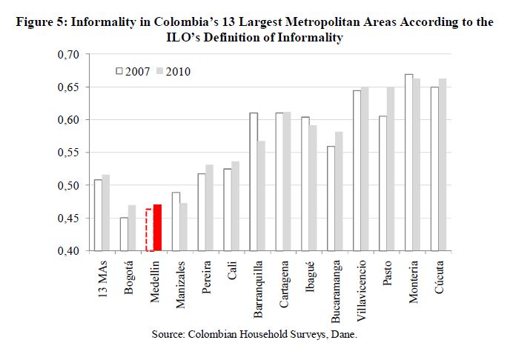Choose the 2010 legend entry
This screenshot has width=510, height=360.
[x=175, y=72]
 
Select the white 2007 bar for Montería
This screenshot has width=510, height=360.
[x=408, y=163]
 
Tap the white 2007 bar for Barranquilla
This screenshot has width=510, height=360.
[x=254, y=181]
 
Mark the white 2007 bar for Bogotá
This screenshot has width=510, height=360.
[x=124, y=234]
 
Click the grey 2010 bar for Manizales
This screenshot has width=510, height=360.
[x=183, y=227]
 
